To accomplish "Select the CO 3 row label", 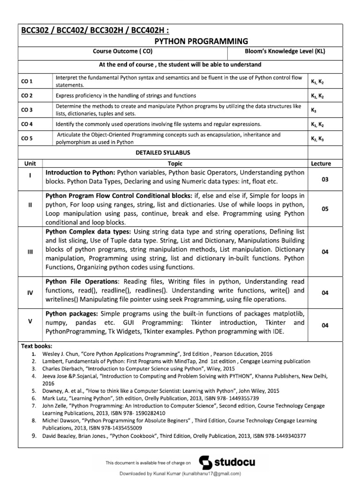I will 27,110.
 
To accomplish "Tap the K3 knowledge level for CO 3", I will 314,110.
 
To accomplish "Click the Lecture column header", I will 321,164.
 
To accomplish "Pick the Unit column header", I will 30,164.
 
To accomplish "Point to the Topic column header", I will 175,164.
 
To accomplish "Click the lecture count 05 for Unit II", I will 325,210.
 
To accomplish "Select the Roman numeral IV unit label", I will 30,292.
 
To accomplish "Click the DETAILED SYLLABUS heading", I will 163,153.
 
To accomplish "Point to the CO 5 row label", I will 27,138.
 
